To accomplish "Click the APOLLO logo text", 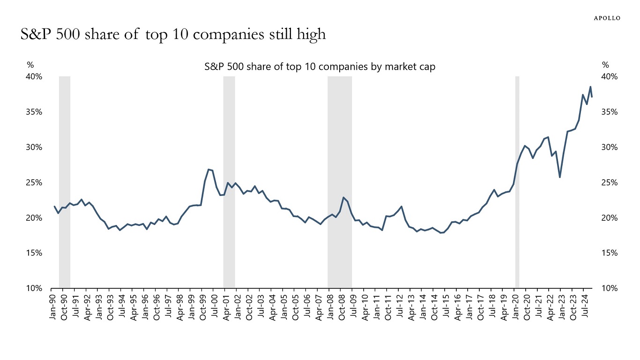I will click(607, 18).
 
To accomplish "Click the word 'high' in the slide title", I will click(310, 35).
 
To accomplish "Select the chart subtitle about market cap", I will click(320, 67).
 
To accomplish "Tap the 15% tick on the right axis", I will click(610, 253).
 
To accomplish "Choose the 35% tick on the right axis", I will click(610, 112).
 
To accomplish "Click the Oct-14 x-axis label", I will click(434, 307).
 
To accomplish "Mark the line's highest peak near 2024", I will click(590, 87).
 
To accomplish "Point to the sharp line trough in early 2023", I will click(560, 177).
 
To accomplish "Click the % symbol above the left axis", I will click(30, 65).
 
